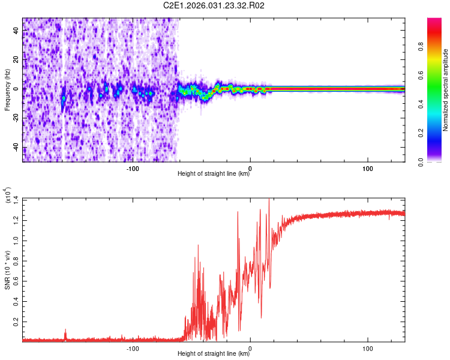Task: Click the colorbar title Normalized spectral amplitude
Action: point(445,90)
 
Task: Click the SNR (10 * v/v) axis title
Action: point(8,270)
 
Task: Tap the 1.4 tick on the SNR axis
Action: point(16,199)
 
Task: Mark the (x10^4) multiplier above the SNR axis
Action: point(8,196)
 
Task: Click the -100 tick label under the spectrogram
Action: point(133,167)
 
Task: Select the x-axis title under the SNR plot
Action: point(214,354)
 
